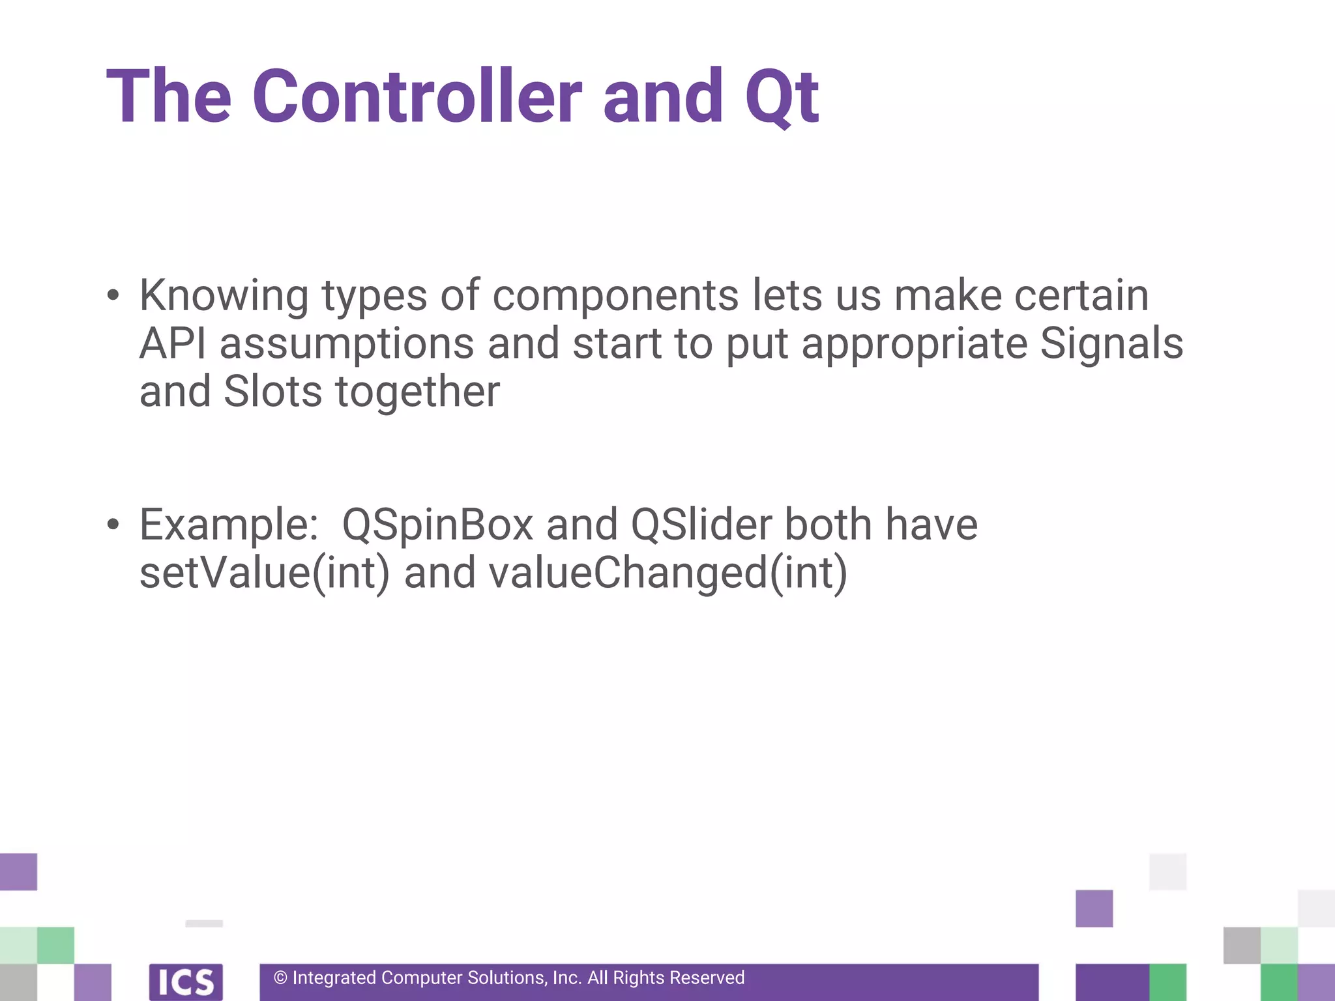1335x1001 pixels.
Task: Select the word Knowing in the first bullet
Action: pyautogui.click(x=224, y=297)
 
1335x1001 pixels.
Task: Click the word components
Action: pyautogui.click(x=615, y=297)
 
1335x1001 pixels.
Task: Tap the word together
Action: pyautogui.click(x=417, y=392)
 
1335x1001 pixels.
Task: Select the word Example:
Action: pyautogui.click(x=229, y=525)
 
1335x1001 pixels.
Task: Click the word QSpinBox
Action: pyautogui.click(x=437, y=525)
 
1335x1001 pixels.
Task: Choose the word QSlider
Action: pyautogui.click(x=701, y=525)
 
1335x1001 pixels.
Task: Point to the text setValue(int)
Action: pyautogui.click(x=264, y=573)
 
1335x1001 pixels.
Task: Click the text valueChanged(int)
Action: pyautogui.click(x=667, y=573)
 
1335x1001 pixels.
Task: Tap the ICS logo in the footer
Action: pyautogui.click(x=186, y=981)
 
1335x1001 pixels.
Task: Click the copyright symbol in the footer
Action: pyautogui.click(x=280, y=978)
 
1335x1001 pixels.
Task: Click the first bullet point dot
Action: pyautogui.click(x=113, y=295)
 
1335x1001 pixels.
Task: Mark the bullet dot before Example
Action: pyautogui.click(x=113, y=525)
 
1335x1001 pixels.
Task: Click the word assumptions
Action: pyautogui.click(x=347, y=344)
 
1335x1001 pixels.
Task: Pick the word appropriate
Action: pyautogui.click(x=914, y=344)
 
